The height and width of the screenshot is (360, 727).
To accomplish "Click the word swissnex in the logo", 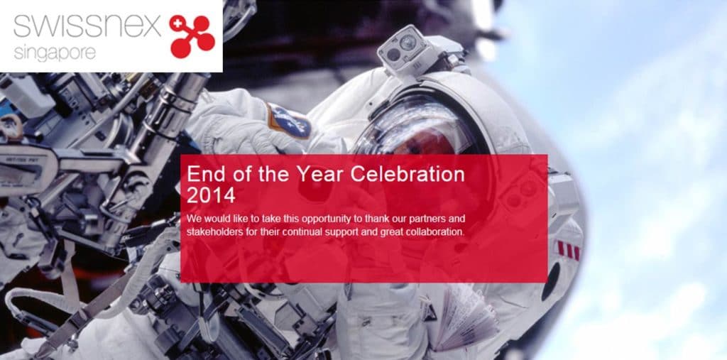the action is pos(87,26).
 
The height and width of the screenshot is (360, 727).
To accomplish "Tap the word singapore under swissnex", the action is pos(55,53).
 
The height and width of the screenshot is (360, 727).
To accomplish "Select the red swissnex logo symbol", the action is pos(192,37).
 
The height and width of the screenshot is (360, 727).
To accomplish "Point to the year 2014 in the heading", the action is pos(211,195).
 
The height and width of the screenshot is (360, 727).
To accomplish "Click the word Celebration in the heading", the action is pos(408,175).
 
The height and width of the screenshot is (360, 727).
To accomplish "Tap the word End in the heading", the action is pos(205,175).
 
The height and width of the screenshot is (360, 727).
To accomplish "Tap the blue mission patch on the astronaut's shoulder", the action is pos(290,121).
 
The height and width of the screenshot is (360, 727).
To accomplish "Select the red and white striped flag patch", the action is pos(568,250).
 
